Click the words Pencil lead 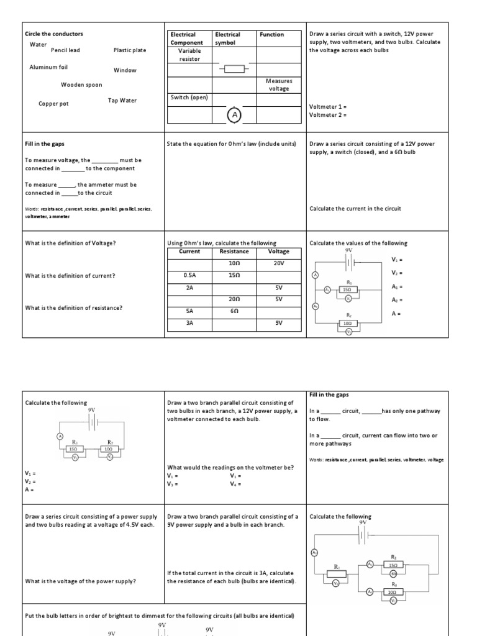pos(65,50)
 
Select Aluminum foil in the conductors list pos(48,67)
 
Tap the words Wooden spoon pos(81,85)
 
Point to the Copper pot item pos(53,104)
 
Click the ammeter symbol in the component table pos(234,116)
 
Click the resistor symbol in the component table pos(234,69)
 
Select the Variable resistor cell pos(189,55)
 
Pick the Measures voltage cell pos(279,84)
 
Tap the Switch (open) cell pos(189,98)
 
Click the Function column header pos(272,35)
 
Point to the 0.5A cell pos(189,275)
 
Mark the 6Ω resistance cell pos(234,311)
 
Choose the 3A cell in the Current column pos(189,322)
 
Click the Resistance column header pos(234,252)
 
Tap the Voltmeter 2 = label pos(327,115)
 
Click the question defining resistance pos(73,308)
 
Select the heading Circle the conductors pos(53,34)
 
